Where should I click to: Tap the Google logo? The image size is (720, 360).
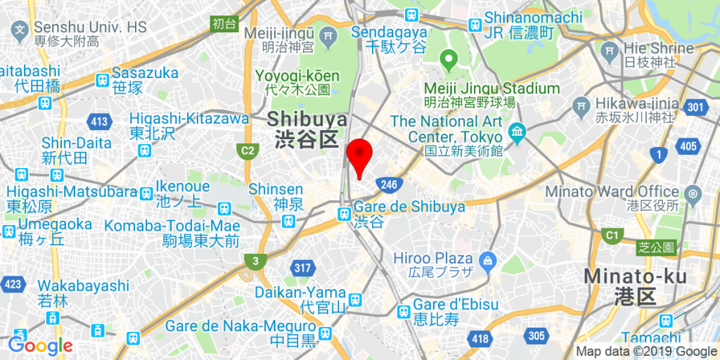(41, 345)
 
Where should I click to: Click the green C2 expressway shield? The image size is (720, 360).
(247, 150)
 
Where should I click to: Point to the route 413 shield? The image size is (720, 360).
(100, 122)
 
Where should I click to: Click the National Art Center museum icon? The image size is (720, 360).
(517, 131)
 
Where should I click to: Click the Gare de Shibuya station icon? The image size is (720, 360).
(344, 214)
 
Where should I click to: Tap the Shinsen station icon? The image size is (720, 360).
(288, 221)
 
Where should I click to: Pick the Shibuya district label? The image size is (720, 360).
(307, 128)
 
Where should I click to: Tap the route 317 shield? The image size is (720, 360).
(303, 267)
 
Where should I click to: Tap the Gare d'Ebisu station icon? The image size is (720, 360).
(403, 311)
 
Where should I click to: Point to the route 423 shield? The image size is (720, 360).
(12, 284)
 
